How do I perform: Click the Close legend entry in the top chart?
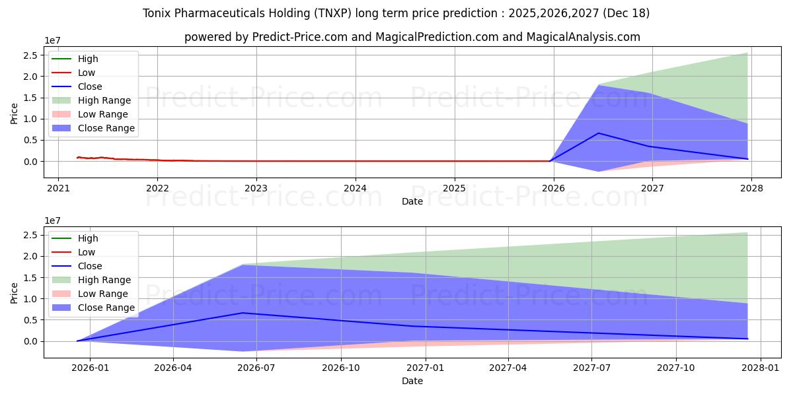tap(90, 86)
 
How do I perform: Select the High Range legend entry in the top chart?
tap(104, 100)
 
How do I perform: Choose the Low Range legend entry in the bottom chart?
tap(103, 294)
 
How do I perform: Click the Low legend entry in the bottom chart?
tap(87, 252)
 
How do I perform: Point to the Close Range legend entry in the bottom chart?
tap(106, 308)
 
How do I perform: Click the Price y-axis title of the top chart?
tap(15, 113)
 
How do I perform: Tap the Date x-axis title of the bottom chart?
tap(412, 381)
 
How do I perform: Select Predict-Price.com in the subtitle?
tap(300, 37)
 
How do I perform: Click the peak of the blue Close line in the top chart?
tap(599, 133)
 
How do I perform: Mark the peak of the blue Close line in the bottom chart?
tap(243, 313)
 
